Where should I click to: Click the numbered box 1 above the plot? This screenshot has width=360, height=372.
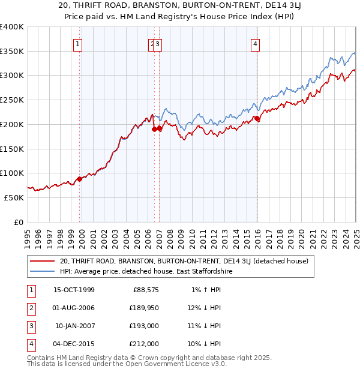point(79,43)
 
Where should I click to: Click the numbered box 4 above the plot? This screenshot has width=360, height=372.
point(256,43)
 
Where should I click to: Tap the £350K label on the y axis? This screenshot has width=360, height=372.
point(12,52)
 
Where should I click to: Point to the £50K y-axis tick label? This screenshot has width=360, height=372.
point(14,197)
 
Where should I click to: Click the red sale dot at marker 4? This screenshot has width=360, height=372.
point(257,119)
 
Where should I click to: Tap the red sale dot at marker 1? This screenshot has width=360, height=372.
point(79,179)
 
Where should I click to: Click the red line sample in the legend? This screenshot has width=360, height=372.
point(43,262)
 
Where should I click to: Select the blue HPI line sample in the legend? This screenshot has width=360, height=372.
point(43,271)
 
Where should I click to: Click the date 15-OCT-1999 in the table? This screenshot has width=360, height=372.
point(74,290)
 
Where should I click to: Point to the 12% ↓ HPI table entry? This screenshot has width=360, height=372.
point(205,308)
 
